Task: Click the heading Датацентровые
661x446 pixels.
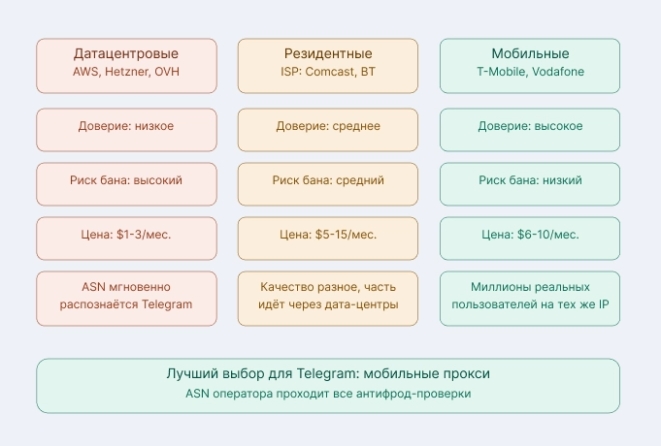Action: (x=126, y=53)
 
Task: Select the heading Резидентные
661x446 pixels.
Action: (x=328, y=53)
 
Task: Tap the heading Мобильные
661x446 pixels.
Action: (x=530, y=53)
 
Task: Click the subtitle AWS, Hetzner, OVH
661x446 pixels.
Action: (x=126, y=73)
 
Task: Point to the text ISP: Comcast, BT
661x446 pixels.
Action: (x=328, y=73)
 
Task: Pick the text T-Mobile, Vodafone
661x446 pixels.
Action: (x=530, y=73)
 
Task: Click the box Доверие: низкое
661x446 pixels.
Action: (x=126, y=126)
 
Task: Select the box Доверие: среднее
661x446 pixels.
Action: (x=328, y=126)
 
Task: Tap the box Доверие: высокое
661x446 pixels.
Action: (x=530, y=126)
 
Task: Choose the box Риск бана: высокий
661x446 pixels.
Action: (x=126, y=180)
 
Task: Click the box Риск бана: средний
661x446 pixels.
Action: (x=328, y=180)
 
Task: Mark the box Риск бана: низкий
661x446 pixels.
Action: (x=530, y=180)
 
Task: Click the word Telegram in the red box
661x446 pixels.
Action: (x=165, y=304)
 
